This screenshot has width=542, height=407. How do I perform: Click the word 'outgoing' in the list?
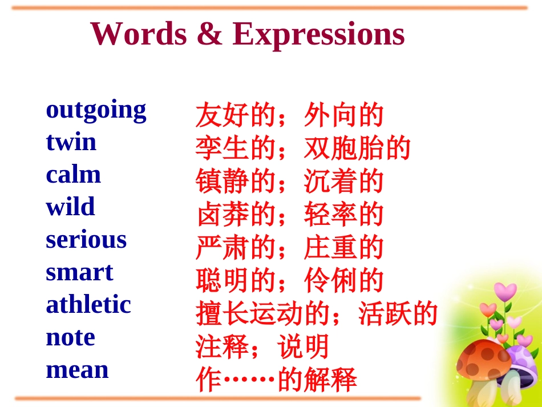point(96,110)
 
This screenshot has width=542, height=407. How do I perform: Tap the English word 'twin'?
point(71,142)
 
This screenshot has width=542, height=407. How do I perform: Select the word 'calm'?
point(73,175)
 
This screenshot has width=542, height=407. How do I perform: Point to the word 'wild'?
point(70,207)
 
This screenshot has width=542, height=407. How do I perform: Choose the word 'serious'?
point(86,240)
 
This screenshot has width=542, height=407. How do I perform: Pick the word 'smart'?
point(79,272)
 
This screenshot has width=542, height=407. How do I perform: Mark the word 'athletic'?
point(88,304)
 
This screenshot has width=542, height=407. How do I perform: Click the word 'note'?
point(70,337)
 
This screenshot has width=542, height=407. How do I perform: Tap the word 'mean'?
point(77,370)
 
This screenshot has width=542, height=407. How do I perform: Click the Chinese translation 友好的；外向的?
point(289,115)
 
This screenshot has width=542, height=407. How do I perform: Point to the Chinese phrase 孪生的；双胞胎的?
point(302,148)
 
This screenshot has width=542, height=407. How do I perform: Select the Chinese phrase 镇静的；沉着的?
point(289,182)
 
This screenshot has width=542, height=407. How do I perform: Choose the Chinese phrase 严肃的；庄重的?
point(289,248)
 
